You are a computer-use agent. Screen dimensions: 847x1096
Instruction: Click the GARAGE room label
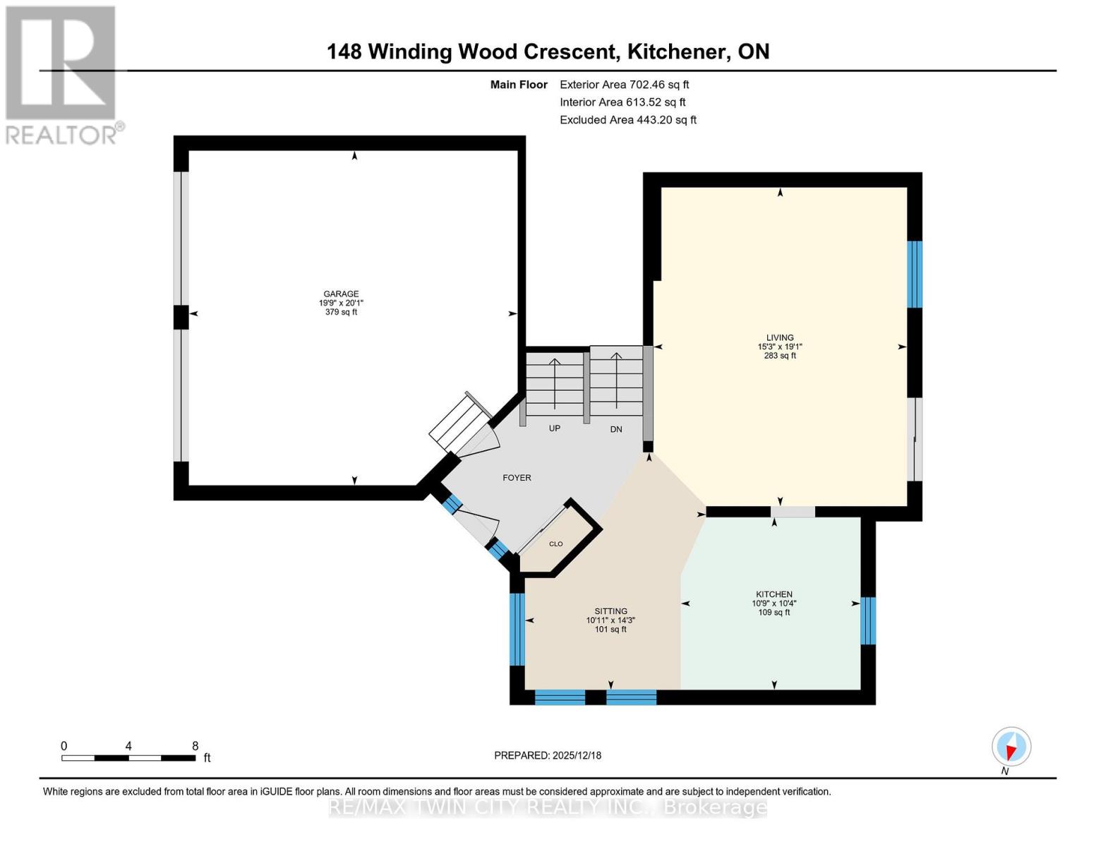pyautogui.click(x=341, y=294)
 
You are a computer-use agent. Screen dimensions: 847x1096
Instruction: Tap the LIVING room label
pyautogui.click(x=780, y=337)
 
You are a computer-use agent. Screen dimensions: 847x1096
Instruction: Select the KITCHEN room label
pyautogui.click(x=774, y=594)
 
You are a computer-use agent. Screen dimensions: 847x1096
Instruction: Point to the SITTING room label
pyautogui.click(x=610, y=611)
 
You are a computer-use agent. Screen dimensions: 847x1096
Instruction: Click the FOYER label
pyautogui.click(x=517, y=478)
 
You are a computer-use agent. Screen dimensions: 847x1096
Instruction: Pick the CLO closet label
pyautogui.click(x=556, y=543)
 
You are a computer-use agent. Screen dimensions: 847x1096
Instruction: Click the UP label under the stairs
pyautogui.click(x=555, y=428)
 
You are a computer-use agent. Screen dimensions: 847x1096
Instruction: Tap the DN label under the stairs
pyautogui.click(x=616, y=429)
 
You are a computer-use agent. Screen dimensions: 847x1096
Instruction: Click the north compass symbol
pyautogui.click(x=1011, y=747)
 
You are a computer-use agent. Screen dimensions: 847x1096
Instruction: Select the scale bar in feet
pyautogui.click(x=128, y=757)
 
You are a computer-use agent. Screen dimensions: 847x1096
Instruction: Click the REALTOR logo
pyautogui.click(x=62, y=75)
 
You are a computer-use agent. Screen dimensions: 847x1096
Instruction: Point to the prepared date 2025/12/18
pyautogui.click(x=548, y=755)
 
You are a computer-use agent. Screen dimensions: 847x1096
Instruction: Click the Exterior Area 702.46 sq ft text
pyautogui.click(x=624, y=85)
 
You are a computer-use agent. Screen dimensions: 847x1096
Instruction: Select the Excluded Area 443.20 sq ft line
pyautogui.click(x=627, y=120)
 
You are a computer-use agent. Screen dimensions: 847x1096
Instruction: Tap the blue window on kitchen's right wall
pyautogui.click(x=868, y=620)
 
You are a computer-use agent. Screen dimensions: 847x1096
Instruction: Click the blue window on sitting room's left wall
pyautogui.click(x=517, y=629)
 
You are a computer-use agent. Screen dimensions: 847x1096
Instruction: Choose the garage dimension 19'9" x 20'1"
pyautogui.click(x=341, y=303)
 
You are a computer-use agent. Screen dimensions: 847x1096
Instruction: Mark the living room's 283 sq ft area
pyautogui.click(x=780, y=356)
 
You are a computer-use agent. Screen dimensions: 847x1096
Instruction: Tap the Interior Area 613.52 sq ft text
pyautogui.click(x=622, y=102)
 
